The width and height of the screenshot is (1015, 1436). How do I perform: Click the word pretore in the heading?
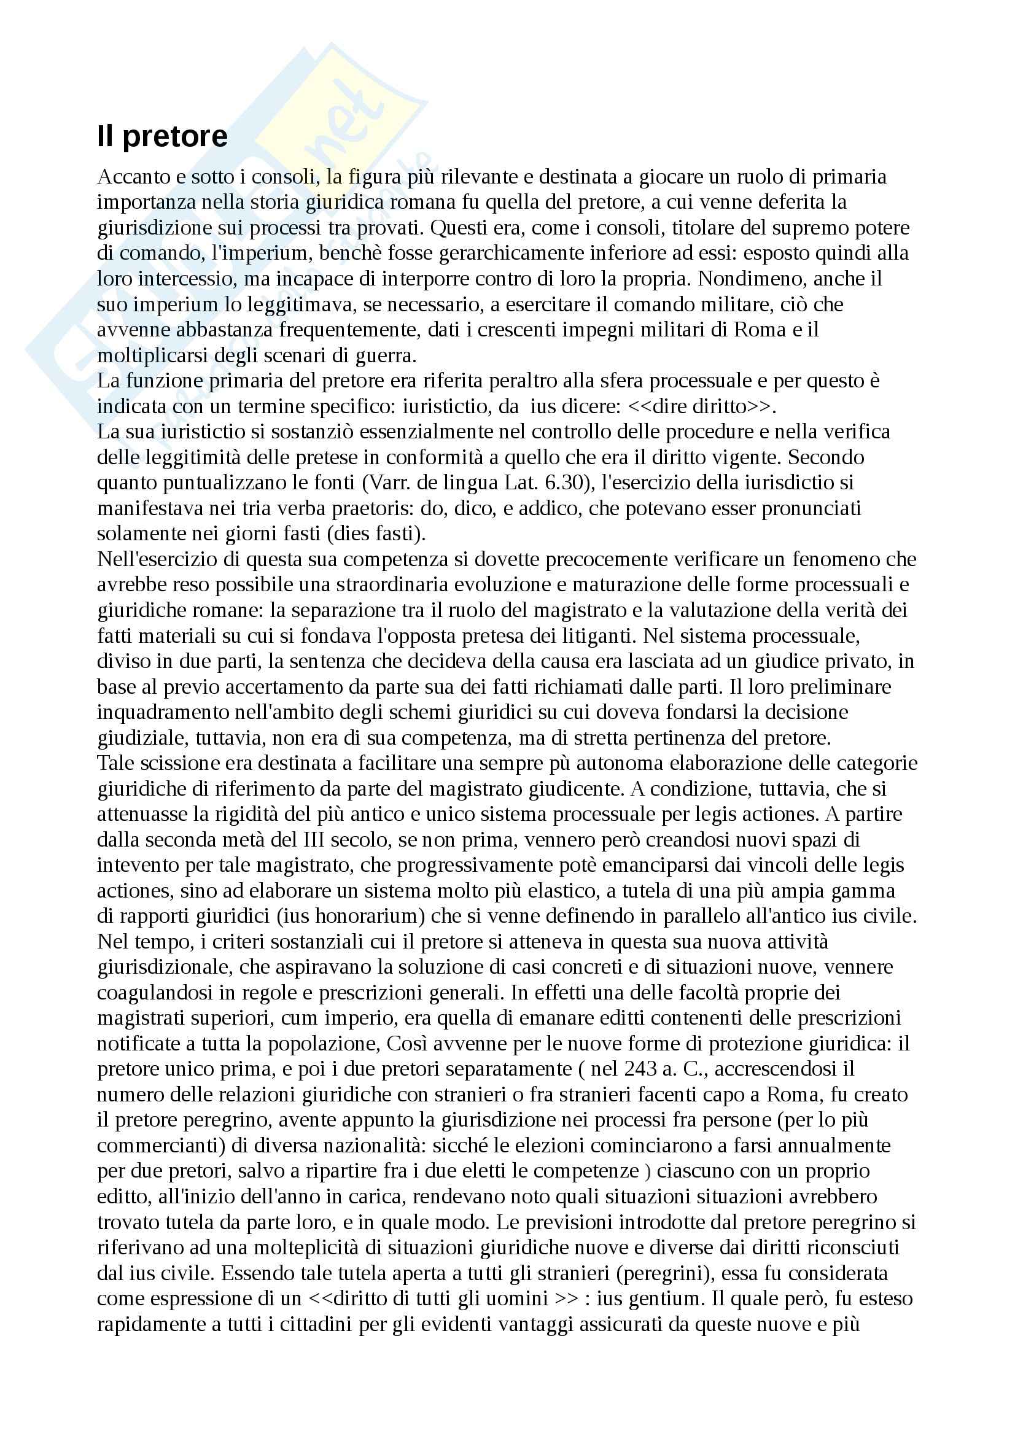tap(175, 137)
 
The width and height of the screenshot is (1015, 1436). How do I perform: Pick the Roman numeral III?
tap(316, 840)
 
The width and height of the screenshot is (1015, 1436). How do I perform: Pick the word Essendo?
tap(259, 1273)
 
